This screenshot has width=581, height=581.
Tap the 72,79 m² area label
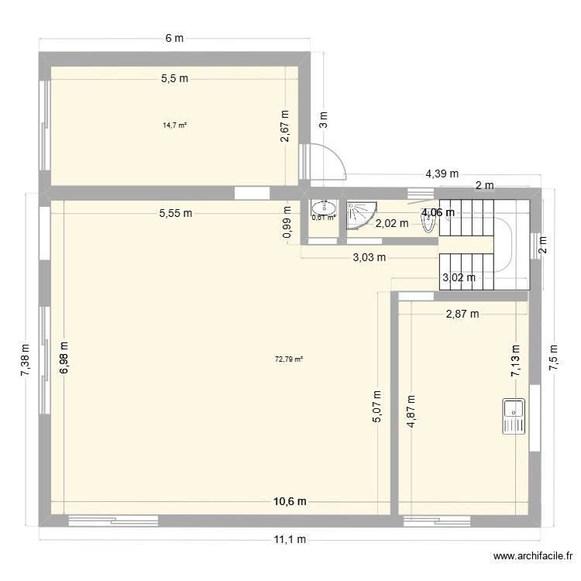pos(289,359)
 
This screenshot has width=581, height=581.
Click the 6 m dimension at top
pos(174,37)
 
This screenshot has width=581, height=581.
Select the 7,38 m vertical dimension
pos(26,360)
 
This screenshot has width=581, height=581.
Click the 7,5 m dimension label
pos(554,358)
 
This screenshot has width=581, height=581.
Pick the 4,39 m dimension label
pos(442,174)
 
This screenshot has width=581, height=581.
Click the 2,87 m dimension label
pos(462,314)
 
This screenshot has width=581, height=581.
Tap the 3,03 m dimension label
pos(368,258)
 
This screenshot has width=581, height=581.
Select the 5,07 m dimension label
pos(377,405)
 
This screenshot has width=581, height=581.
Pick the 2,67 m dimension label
pos(285,125)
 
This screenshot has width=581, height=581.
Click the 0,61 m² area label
pos(323,218)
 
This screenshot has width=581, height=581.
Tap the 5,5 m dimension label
pos(174,77)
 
